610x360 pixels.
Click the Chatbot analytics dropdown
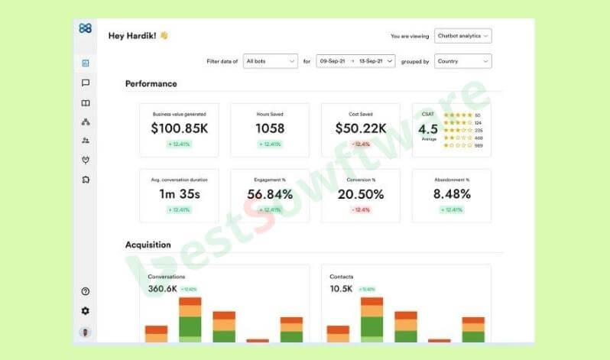462,36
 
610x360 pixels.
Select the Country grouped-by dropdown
462,61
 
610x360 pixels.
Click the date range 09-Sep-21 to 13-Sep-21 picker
356,61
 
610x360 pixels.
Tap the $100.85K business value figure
179,128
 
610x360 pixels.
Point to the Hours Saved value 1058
270,128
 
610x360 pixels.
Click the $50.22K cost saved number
361,128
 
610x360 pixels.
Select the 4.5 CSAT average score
428,129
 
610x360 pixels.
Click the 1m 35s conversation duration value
179,194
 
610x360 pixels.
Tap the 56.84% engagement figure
270,194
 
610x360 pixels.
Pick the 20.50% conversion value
361,194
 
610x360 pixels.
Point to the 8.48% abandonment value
452,194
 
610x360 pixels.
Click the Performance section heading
151,84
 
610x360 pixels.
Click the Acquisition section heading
148,245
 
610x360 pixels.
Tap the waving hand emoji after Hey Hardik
164,35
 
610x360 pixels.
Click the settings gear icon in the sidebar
85,311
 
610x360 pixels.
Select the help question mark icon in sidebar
85,291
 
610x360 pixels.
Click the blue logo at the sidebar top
85,28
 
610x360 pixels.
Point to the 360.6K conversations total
162,289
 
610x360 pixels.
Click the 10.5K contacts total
341,289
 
